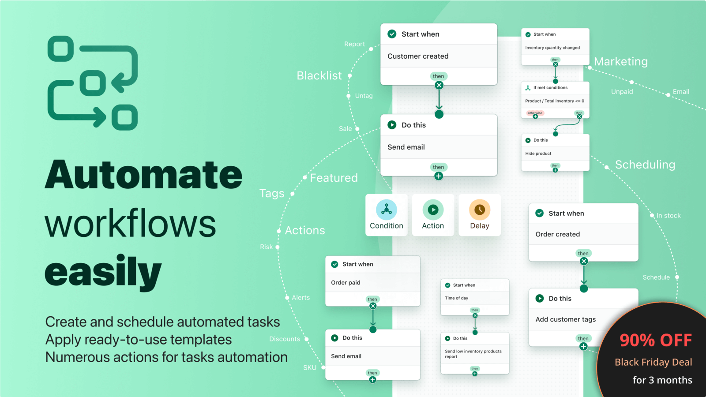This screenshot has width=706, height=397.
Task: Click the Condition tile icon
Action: tap(387, 210)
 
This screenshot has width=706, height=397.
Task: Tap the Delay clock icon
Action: tap(480, 210)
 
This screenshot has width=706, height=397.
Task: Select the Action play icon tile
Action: tap(433, 210)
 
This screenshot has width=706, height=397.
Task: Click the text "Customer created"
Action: tap(418, 56)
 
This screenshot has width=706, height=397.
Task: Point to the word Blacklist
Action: tap(319, 76)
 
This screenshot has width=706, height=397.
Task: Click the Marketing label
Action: tap(621, 62)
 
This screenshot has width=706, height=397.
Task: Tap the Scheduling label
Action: tap(645, 165)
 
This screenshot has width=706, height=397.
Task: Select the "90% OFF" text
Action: tap(656, 340)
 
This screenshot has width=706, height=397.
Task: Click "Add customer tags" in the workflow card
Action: tap(566, 319)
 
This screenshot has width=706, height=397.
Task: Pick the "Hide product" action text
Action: tap(538, 154)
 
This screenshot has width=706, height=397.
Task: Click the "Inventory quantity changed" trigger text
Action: tap(552, 48)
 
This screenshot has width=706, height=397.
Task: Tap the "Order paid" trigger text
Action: tap(345, 283)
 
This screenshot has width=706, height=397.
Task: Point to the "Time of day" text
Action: tap(457, 298)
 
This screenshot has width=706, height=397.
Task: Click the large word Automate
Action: tap(144, 175)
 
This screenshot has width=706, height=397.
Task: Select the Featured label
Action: tap(334, 178)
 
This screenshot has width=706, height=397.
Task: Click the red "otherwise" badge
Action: tap(535, 113)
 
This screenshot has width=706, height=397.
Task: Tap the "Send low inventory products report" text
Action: tap(473, 354)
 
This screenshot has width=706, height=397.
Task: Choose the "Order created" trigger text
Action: tap(558, 234)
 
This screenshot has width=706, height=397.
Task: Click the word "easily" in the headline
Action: tap(103, 273)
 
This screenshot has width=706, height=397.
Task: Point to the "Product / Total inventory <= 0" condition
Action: tap(555, 101)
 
